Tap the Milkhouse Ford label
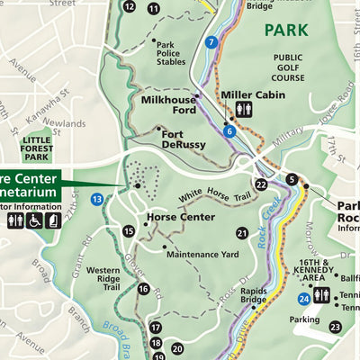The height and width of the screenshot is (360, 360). (169, 105)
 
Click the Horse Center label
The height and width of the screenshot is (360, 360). (180, 217)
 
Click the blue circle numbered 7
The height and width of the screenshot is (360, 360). (211, 41)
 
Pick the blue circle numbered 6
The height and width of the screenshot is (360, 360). (229, 131)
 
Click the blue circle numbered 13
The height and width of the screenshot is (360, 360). (96, 199)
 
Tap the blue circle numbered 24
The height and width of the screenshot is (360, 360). (306, 297)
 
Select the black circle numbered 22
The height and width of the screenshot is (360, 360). (261, 184)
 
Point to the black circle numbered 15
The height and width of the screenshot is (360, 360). (129, 231)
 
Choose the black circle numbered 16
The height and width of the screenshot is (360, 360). (144, 289)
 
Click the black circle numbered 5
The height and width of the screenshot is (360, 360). (292, 179)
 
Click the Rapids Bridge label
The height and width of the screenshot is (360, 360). (254, 296)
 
